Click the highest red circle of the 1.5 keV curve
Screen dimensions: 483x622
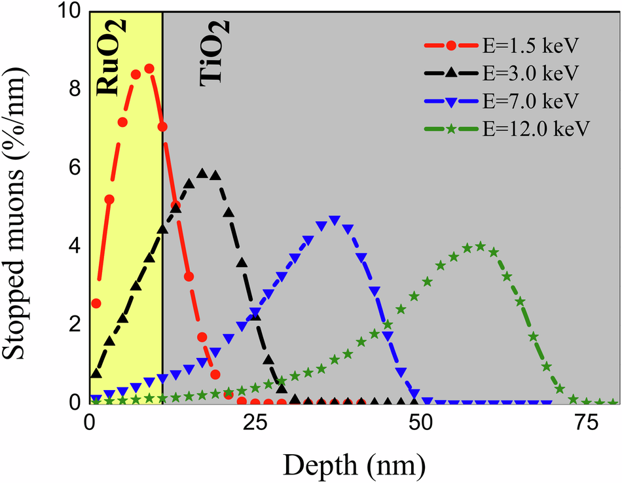(149, 68)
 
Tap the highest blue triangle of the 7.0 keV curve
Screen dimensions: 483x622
(335, 221)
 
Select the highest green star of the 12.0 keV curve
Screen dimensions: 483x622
(480, 246)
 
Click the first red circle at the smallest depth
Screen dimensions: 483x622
(96, 303)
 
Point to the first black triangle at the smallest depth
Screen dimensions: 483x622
(96, 374)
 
